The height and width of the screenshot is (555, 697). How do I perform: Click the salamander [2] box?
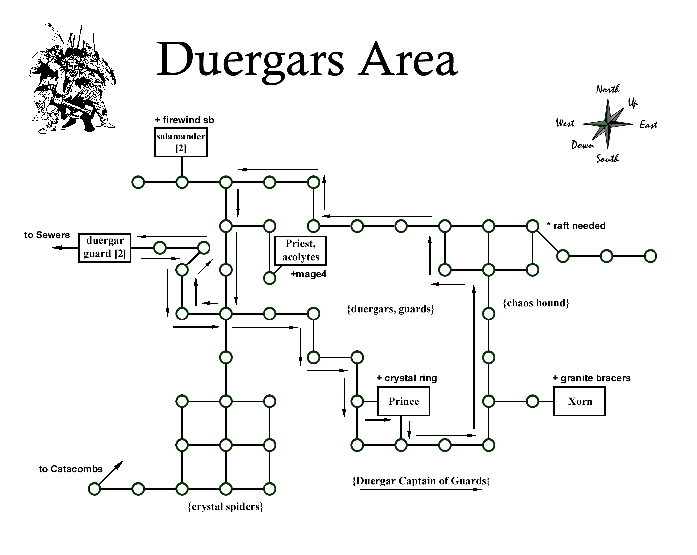tap(181, 143)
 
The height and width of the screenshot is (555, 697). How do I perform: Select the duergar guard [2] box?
tap(105, 248)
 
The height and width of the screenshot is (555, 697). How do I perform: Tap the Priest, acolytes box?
tap(300, 251)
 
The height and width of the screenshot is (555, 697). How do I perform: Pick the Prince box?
tap(404, 401)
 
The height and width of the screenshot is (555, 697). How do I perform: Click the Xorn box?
tap(579, 401)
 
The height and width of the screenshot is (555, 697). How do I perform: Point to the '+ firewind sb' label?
tap(184, 120)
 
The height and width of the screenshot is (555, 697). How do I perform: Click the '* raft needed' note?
tap(576, 226)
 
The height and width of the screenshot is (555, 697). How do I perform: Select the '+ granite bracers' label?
tap(592, 378)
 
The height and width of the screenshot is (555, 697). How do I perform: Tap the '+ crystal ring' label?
tap(407, 378)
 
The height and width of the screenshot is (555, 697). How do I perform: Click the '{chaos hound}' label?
tap(536, 303)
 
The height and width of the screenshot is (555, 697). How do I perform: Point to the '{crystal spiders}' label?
tap(226, 506)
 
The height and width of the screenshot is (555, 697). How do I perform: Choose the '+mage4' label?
tap(308, 274)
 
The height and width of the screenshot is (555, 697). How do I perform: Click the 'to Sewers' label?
tap(47, 235)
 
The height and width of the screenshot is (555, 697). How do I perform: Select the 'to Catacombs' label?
tap(71, 469)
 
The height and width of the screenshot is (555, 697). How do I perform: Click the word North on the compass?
tap(608, 89)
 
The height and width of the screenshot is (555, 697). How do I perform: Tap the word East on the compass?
tap(648, 125)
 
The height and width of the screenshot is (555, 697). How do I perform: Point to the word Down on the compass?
tap(582, 145)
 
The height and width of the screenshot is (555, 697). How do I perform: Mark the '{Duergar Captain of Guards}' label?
tap(421, 481)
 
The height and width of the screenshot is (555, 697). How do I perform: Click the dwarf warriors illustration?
tap(72, 79)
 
